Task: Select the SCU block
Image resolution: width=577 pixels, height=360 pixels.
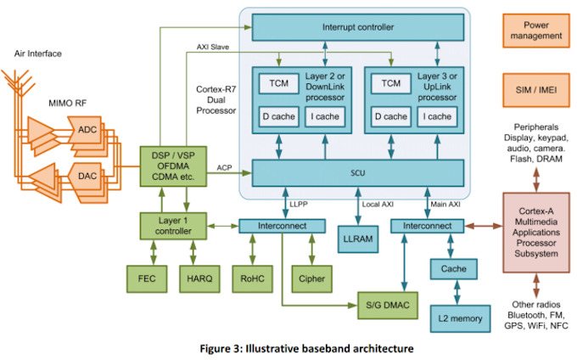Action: pos(357,173)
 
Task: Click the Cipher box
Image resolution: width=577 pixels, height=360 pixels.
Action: pos(307,277)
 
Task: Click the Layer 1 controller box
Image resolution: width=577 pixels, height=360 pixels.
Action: pos(173,226)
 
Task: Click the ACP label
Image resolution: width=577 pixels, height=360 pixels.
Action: pos(224,167)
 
